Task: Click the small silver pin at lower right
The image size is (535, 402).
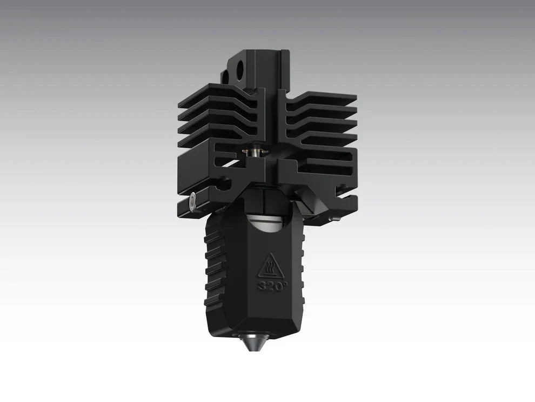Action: click(337, 218)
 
